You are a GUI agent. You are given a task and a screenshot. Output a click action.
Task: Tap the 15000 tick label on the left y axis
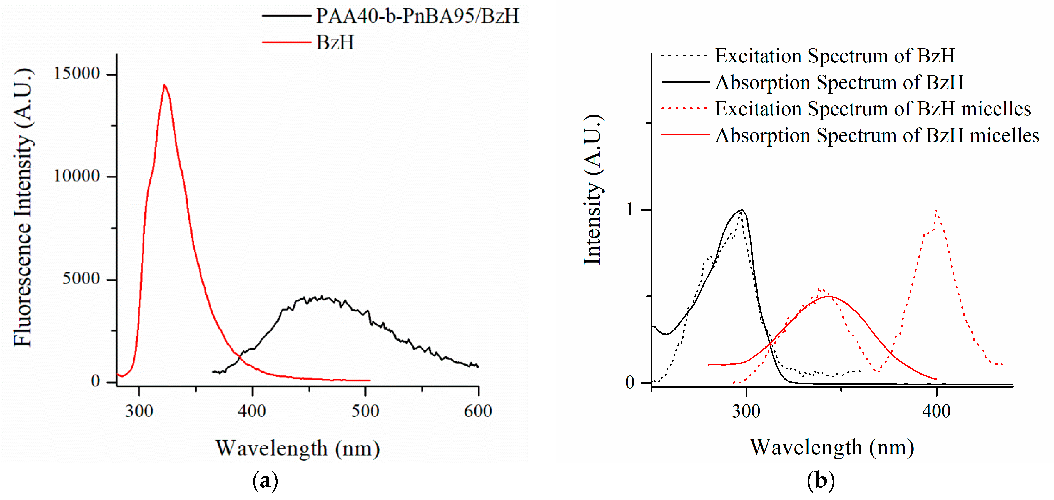(77, 73)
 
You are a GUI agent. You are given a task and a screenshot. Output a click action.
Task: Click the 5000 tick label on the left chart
(81, 278)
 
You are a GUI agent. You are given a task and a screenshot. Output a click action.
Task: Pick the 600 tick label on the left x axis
(477, 411)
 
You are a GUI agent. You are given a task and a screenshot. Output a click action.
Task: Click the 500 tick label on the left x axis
(365, 411)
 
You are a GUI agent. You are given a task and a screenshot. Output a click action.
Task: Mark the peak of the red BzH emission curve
(165, 86)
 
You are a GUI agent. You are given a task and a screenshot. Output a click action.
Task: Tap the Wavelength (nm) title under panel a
(297, 448)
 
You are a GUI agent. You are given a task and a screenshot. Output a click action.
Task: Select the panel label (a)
(265, 481)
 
